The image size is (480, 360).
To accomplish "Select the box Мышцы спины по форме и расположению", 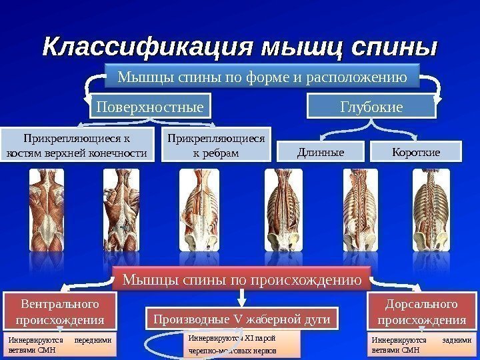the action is point(262,77).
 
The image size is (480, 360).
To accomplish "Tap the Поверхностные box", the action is point(150,105).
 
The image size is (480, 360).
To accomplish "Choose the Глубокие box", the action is point(371,105).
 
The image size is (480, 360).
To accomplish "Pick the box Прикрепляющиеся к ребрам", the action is point(215,145).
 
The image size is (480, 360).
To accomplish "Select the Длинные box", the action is point(321,152).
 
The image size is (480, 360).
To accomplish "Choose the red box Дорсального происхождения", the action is point(422,311).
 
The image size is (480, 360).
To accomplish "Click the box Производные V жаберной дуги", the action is point(242,319).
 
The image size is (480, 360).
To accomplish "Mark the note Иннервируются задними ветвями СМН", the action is point(421,344).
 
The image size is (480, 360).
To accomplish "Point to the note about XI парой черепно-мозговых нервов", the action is point(243,344).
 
